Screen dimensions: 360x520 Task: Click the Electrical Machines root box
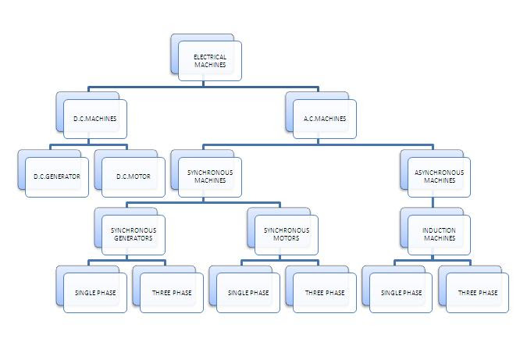[209, 61]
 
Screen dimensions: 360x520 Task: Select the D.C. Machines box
[94, 119]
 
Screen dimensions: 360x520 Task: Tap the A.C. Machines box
[324, 119]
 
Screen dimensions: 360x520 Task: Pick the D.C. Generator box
[56, 176]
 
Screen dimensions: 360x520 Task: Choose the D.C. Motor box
[133, 176]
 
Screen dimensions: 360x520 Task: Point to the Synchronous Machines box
[209, 176]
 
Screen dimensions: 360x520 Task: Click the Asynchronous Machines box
[439, 176]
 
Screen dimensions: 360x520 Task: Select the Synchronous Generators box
[133, 234]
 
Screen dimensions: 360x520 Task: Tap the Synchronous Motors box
[286, 234]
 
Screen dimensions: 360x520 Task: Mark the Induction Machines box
[439, 234]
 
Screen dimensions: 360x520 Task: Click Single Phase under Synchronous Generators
[94, 293]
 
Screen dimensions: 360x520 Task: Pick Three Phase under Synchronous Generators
[171, 293]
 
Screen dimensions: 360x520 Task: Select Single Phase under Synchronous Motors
[248, 293]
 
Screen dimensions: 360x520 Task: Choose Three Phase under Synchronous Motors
[324, 293]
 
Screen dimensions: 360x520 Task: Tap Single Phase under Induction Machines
[401, 293]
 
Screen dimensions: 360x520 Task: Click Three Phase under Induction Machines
[477, 293]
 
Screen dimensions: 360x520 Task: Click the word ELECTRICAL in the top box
[210, 57]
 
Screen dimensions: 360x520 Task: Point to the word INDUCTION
[439, 230]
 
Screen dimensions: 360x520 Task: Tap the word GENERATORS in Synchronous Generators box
[133, 238]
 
